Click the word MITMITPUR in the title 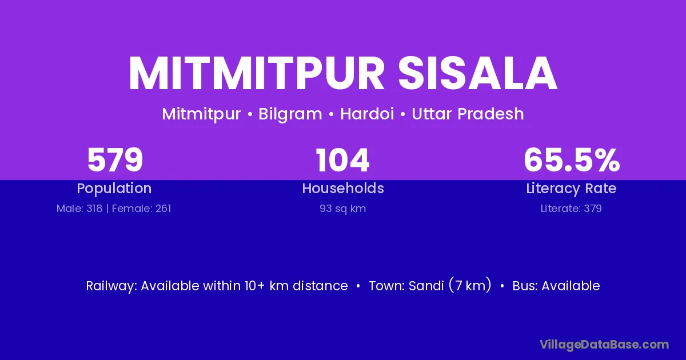(x=257, y=74)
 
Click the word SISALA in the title (x=477, y=74)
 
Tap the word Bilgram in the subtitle (x=290, y=114)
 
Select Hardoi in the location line (x=367, y=114)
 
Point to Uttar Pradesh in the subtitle (x=468, y=114)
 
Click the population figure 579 (x=115, y=160)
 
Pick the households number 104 (x=342, y=160)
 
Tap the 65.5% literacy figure (x=572, y=160)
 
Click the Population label (x=114, y=189)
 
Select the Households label (x=343, y=188)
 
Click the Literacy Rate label (x=571, y=189)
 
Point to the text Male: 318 (x=79, y=209)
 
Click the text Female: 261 (x=142, y=209)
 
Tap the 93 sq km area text (x=342, y=209)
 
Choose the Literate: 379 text (x=571, y=209)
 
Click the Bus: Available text (x=556, y=286)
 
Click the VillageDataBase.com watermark (x=604, y=345)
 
